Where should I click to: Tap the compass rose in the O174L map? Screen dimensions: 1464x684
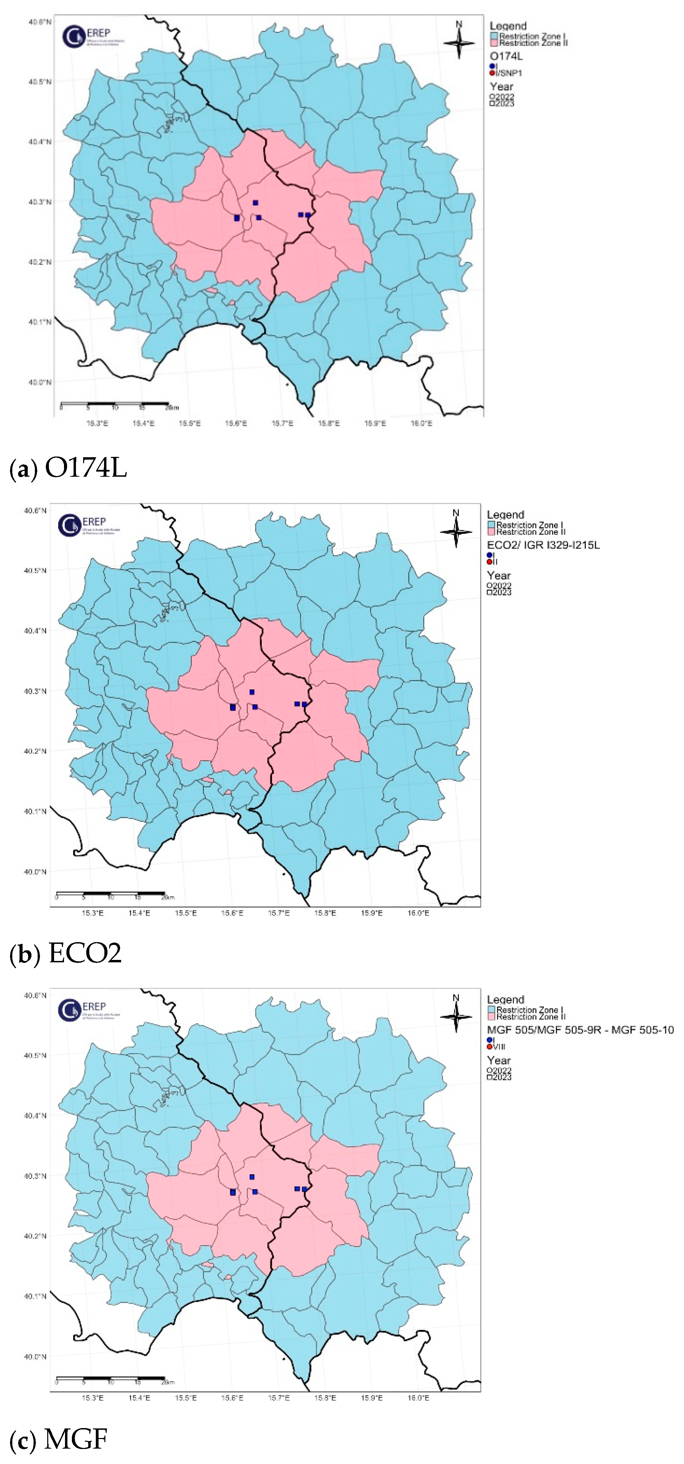(460, 41)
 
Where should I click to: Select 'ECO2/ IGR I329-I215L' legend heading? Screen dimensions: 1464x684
(543, 545)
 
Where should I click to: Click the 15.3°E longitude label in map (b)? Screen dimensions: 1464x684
(93, 913)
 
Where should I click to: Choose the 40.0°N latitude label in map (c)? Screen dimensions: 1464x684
(35, 1357)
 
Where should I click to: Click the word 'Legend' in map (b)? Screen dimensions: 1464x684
(505, 515)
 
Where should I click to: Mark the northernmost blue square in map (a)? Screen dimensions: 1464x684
(255, 203)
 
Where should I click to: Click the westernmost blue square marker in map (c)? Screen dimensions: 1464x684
(233, 1192)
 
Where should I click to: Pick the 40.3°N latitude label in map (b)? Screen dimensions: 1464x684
(35, 691)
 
